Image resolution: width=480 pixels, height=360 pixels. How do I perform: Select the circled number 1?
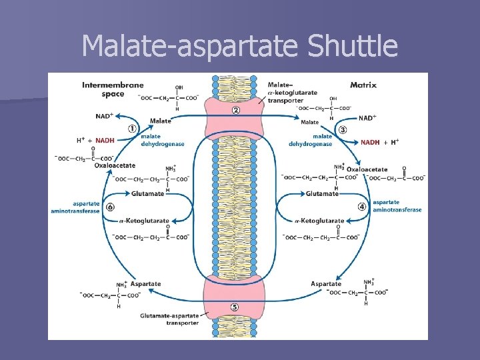[x=133, y=129]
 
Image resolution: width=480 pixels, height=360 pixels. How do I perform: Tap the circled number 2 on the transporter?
[x=235, y=110]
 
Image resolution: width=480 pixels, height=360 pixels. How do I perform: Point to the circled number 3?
[x=343, y=129]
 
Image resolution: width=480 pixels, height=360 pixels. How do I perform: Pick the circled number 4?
[x=362, y=207]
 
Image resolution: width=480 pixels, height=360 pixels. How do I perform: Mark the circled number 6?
[x=110, y=207]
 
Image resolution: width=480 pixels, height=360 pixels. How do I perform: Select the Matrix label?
[x=363, y=85]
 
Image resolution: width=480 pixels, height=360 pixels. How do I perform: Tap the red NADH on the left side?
[x=105, y=141]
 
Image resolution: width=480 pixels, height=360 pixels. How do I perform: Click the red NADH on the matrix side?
[x=371, y=141]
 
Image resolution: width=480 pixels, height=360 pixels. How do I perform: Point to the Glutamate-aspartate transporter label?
[x=169, y=319]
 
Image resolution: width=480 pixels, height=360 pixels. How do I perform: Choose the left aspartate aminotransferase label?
[x=75, y=207]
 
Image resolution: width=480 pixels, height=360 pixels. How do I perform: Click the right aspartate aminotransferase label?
[x=397, y=205]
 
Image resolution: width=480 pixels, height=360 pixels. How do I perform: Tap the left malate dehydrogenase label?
[x=163, y=140]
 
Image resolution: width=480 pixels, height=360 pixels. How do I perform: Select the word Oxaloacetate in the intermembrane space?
[x=115, y=165]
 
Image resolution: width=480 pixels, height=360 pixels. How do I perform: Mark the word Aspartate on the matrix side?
[x=326, y=284]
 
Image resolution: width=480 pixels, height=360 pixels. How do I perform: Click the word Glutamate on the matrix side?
[x=322, y=193]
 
